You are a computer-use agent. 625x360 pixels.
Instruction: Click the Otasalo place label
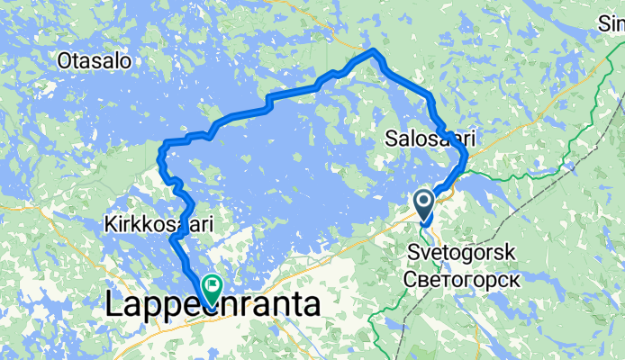coord(94,62)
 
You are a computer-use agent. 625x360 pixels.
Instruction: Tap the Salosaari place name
coord(430,139)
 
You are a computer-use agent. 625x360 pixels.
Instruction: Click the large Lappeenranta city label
coord(212,304)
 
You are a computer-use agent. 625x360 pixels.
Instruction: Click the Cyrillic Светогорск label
coord(465,278)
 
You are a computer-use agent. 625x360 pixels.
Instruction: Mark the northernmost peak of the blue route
coord(372,49)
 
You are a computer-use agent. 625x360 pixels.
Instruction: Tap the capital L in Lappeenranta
coord(113,304)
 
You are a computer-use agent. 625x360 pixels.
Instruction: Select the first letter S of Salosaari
coord(391,139)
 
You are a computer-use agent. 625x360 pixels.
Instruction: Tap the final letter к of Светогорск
coord(516,278)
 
